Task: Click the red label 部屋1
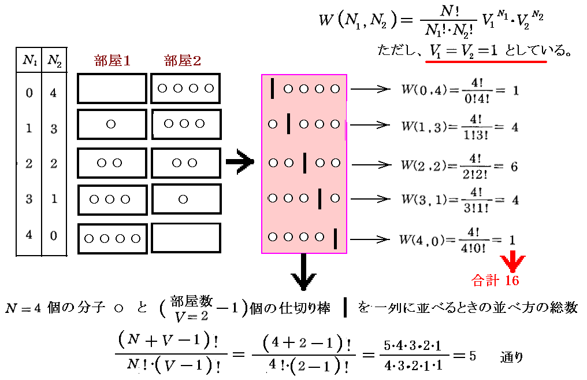112,61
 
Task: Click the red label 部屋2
183,61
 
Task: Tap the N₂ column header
54,59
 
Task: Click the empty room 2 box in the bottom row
186,238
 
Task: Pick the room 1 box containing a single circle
112,124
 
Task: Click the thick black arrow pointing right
239,163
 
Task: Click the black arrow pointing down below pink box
303,272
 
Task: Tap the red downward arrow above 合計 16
511,260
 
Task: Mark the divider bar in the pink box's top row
272,88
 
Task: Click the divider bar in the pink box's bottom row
335,237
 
